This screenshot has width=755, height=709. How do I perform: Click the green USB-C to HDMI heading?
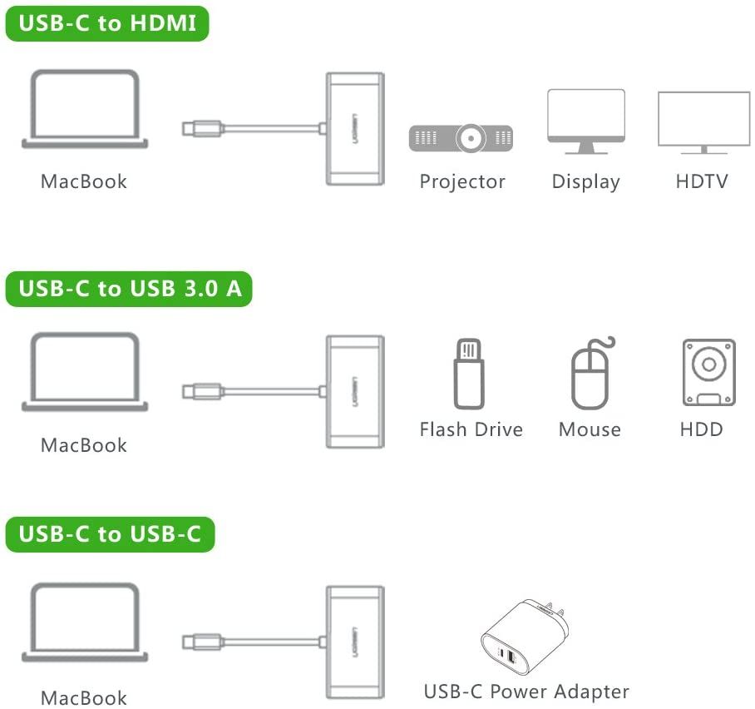coord(106,24)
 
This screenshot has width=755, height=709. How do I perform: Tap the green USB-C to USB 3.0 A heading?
coord(129,290)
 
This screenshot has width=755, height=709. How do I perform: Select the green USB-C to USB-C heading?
coord(110,534)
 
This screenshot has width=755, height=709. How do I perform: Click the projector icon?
coord(461,137)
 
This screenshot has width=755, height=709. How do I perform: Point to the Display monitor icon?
coord(585,121)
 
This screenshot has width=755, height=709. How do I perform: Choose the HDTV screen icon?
coord(703,121)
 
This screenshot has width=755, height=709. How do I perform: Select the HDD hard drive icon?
coord(708,372)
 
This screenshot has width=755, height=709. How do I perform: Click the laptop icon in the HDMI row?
coord(85,110)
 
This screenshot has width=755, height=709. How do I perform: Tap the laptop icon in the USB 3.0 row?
coord(85,372)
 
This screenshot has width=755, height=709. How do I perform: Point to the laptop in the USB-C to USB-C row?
coord(85,622)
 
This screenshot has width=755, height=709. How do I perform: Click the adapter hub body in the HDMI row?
coord(355,129)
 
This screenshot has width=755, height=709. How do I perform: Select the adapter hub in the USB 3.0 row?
coord(355,391)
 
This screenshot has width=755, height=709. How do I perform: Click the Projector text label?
coord(462,181)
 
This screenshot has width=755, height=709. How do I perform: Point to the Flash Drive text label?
coord(471,429)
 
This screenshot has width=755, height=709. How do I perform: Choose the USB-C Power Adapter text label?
coord(526,692)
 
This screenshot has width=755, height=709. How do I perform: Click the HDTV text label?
coord(702,181)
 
